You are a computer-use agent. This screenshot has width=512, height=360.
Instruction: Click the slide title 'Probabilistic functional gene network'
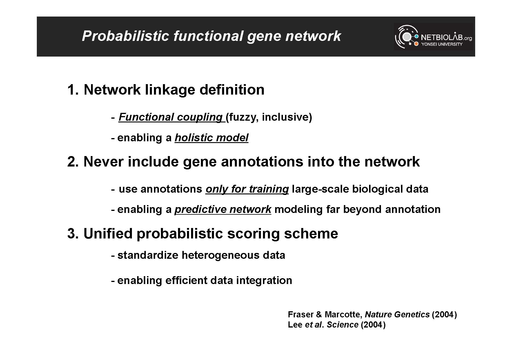[x=211, y=36]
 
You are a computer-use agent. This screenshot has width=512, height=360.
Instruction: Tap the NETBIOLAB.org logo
[x=433, y=37]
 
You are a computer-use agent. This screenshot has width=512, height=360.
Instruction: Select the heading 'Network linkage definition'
[x=174, y=89]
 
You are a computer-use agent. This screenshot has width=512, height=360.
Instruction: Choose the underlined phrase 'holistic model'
[x=211, y=138]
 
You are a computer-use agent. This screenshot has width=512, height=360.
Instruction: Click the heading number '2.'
[x=73, y=162]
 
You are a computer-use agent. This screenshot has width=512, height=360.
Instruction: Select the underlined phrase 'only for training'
[x=247, y=189]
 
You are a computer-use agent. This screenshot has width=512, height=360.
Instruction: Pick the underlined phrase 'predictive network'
[x=223, y=209]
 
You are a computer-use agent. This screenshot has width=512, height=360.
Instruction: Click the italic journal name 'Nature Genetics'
[x=397, y=314]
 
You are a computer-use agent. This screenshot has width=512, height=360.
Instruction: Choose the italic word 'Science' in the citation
[x=342, y=325]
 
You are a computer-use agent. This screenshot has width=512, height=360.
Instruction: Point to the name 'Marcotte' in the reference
[x=343, y=314]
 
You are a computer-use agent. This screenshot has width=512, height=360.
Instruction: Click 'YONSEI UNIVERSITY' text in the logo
[x=442, y=44]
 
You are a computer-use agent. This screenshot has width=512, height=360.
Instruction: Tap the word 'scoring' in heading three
[x=253, y=234]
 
